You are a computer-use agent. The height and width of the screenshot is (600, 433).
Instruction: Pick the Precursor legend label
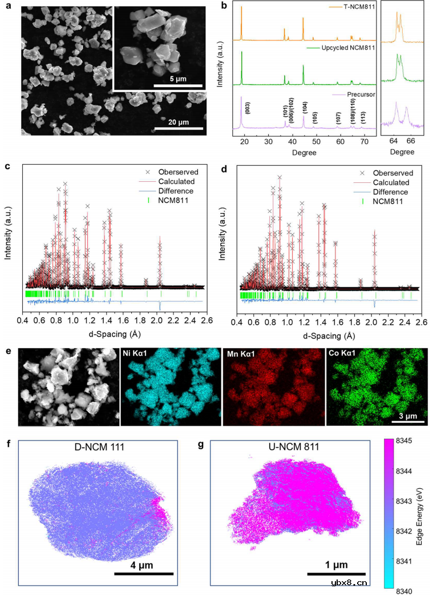point(360,95)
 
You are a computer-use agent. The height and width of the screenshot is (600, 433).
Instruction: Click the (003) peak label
point(247,108)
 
